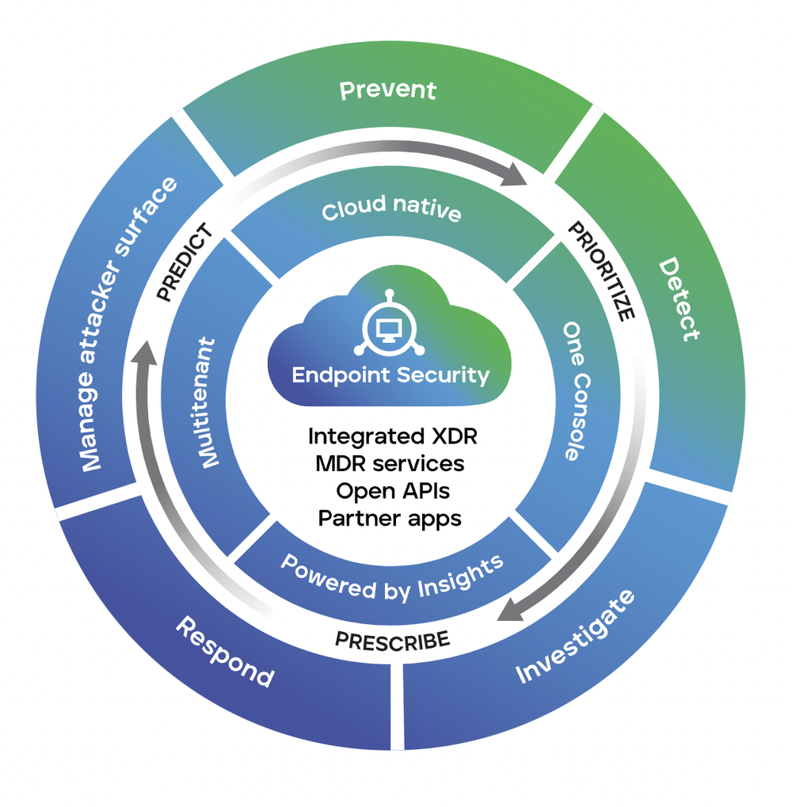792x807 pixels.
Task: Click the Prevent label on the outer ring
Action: (387, 89)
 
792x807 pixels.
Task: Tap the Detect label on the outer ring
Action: (680, 299)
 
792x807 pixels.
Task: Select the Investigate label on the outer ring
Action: (575, 638)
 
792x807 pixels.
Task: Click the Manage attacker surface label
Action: (128, 325)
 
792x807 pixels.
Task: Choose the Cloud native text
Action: (391, 209)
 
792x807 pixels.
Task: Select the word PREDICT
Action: (185, 262)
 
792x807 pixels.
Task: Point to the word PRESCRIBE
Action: (393, 638)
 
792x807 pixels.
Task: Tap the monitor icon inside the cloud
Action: (389, 328)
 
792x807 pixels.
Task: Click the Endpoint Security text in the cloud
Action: (390, 375)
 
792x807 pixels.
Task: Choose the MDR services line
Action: (390, 463)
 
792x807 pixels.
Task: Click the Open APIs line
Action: (393, 491)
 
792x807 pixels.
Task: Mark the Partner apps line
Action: (390, 518)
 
